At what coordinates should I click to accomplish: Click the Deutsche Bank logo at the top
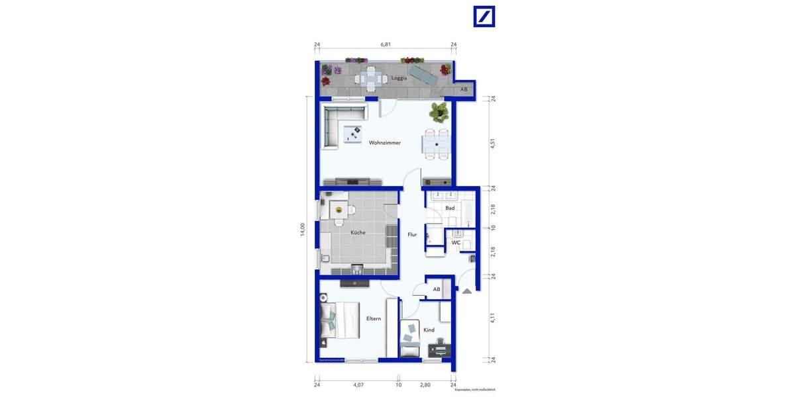(484, 17)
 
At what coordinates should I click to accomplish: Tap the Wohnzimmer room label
(384, 142)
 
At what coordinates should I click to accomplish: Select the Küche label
(358, 232)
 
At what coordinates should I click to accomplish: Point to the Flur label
(412, 234)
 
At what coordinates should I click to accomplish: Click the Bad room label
(450, 208)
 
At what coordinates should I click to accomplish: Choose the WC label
(456, 243)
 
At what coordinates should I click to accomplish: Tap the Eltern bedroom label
(374, 318)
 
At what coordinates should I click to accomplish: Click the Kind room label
(429, 330)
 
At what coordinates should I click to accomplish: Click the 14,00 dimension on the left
(303, 229)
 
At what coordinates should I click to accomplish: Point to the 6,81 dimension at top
(386, 45)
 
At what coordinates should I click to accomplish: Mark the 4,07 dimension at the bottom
(358, 384)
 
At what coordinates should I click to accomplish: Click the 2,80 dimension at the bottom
(425, 384)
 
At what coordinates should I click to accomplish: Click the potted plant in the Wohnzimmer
(438, 112)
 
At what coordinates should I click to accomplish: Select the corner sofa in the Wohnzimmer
(338, 124)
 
